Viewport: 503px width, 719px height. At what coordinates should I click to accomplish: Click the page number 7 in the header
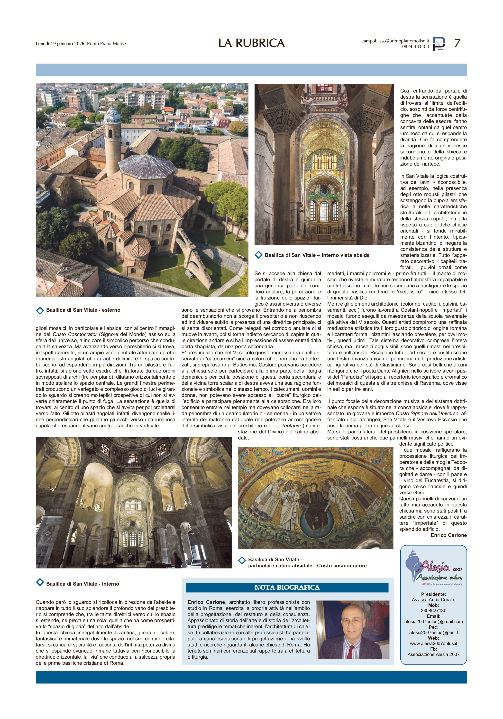coord(457,43)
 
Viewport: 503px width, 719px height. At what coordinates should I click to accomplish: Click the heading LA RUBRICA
coord(251,43)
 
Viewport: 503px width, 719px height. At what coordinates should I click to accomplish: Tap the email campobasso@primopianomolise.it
coord(395,41)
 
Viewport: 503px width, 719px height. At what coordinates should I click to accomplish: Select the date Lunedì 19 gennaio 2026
coord(60,44)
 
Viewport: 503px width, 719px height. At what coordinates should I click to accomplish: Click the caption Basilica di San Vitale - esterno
coord(83,310)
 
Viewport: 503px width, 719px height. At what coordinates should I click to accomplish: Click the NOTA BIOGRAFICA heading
coord(287,588)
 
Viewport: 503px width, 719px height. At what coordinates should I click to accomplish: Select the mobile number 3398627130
coord(433,611)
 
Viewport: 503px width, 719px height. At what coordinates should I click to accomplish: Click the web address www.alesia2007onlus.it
coord(433,644)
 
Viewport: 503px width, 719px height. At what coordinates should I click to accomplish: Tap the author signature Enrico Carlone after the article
coord(448,535)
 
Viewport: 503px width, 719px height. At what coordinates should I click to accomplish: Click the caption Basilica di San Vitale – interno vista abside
coord(317,255)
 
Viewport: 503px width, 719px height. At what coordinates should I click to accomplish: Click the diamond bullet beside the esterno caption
coord(40,310)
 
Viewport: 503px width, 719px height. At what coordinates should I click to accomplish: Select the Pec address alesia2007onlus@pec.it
coord(433,633)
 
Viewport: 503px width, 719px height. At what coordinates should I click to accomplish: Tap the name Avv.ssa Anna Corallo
coord(433,600)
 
